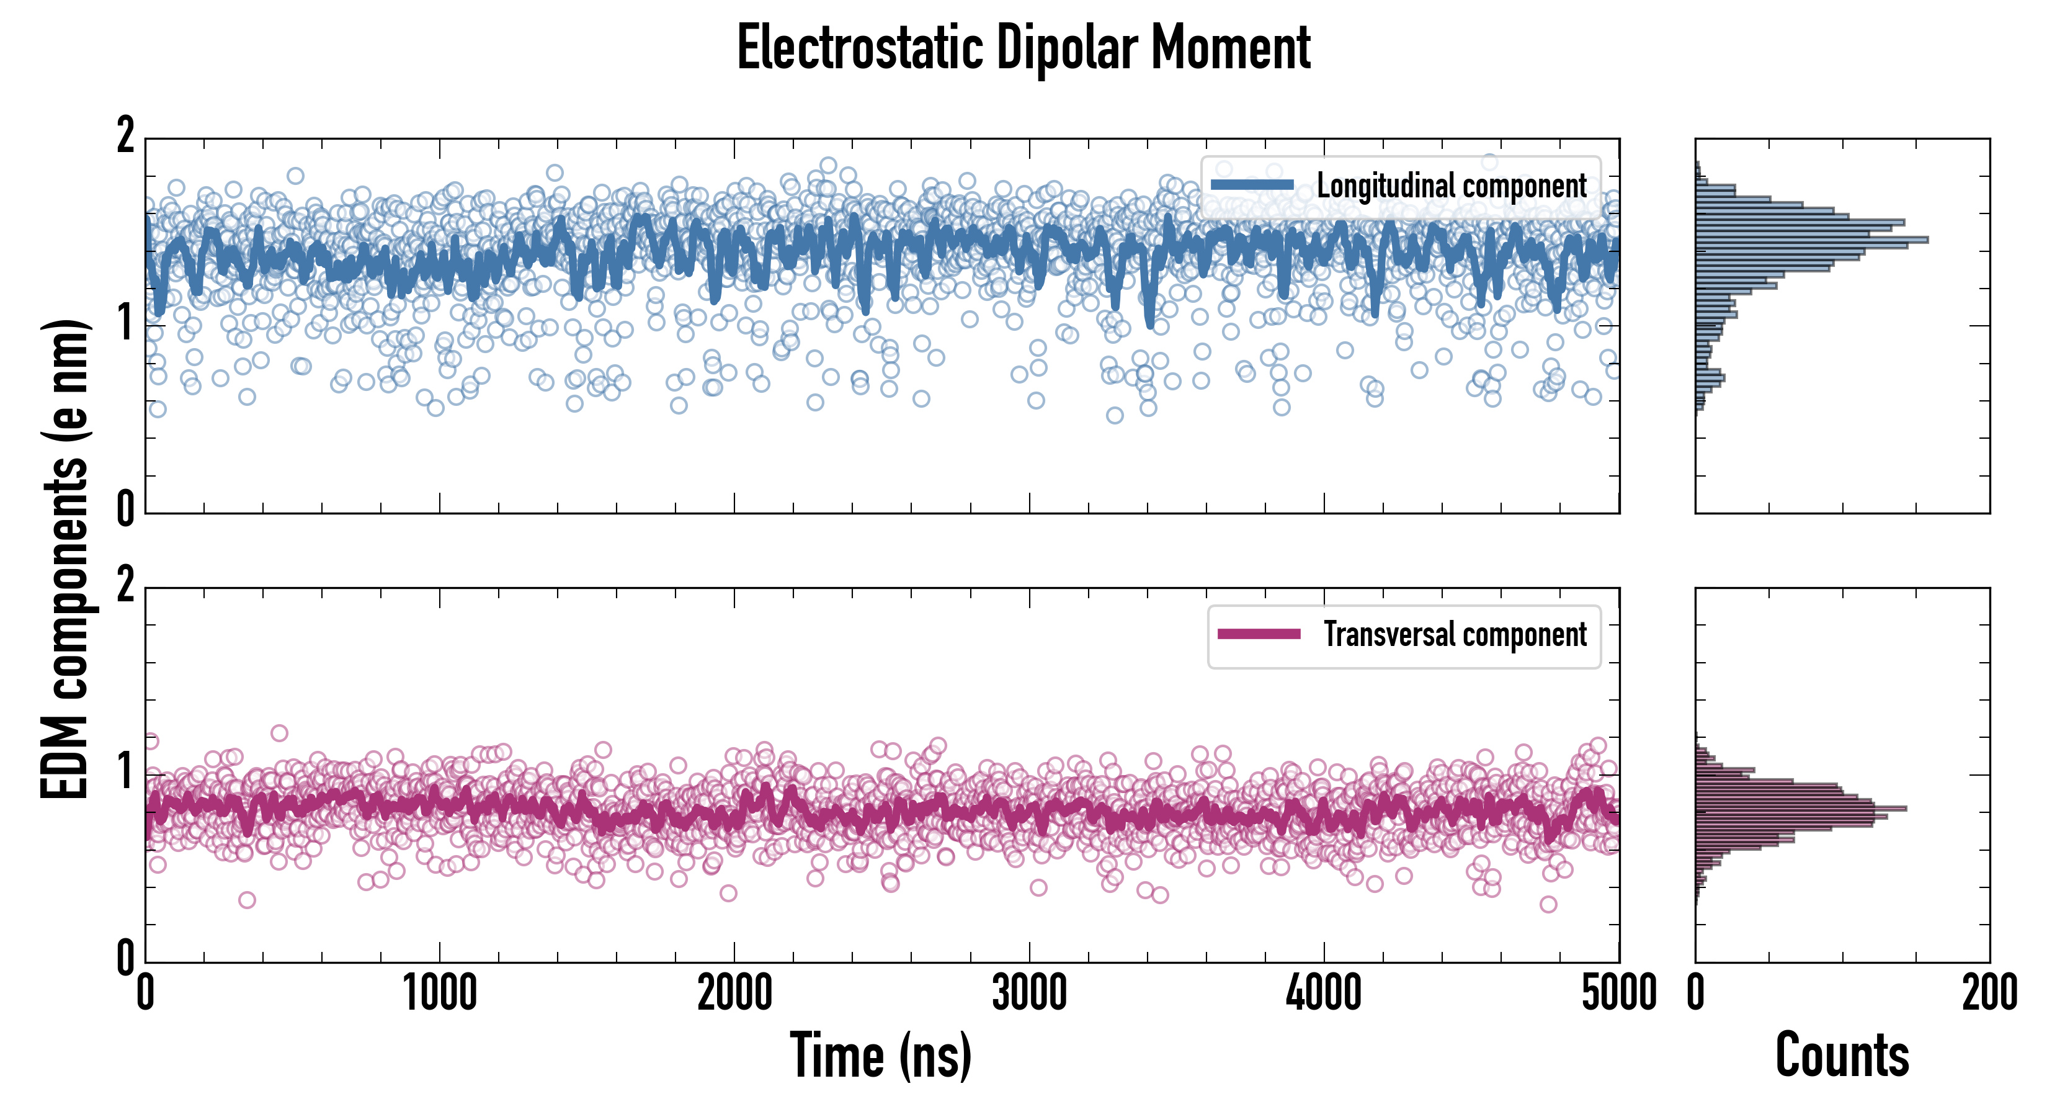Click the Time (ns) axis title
pyautogui.click(x=880, y=1055)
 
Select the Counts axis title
pyautogui.click(x=1842, y=1055)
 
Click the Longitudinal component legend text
pyautogui.click(x=1451, y=186)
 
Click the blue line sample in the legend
pyautogui.click(x=1252, y=186)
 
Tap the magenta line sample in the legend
pyautogui.click(x=1259, y=634)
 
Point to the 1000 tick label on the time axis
pyautogui.click(x=439, y=993)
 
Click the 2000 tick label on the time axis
pyautogui.click(x=734, y=993)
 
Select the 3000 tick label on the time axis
pyautogui.click(x=1029, y=993)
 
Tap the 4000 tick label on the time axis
pyautogui.click(x=1324, y=993)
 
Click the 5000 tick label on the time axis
pyautogui.click(x=1619, y=993)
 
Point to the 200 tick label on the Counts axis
pyautogui.click(x=1989, y=993)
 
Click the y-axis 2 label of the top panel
pyautogui.click(x=125, y=136)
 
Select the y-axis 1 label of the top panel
pyautogui.click(x=125, y=325)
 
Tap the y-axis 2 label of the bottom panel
pyautogui.click(x=125, y=586)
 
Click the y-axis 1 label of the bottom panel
pyautogui.click(x=125, y=773)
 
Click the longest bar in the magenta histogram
pyautogui.click(x=1801, y=809)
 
